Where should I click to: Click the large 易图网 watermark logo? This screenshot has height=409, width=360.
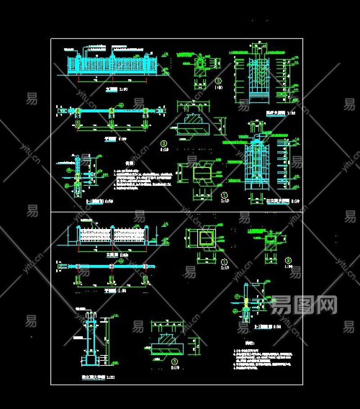coord(304,305)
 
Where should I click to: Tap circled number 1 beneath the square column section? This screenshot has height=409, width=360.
coord(224,261)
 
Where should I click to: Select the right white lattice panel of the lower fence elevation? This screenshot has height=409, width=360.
coord(130,234)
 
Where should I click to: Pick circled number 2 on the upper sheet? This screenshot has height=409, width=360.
coord(218,81)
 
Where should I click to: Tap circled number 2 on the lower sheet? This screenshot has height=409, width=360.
coord(288,260)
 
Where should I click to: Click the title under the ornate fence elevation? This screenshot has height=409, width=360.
coord(111,90)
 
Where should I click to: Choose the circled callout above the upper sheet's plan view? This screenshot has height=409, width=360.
coord(121,104)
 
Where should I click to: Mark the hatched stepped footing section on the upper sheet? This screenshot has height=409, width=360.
coord(193,125)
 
